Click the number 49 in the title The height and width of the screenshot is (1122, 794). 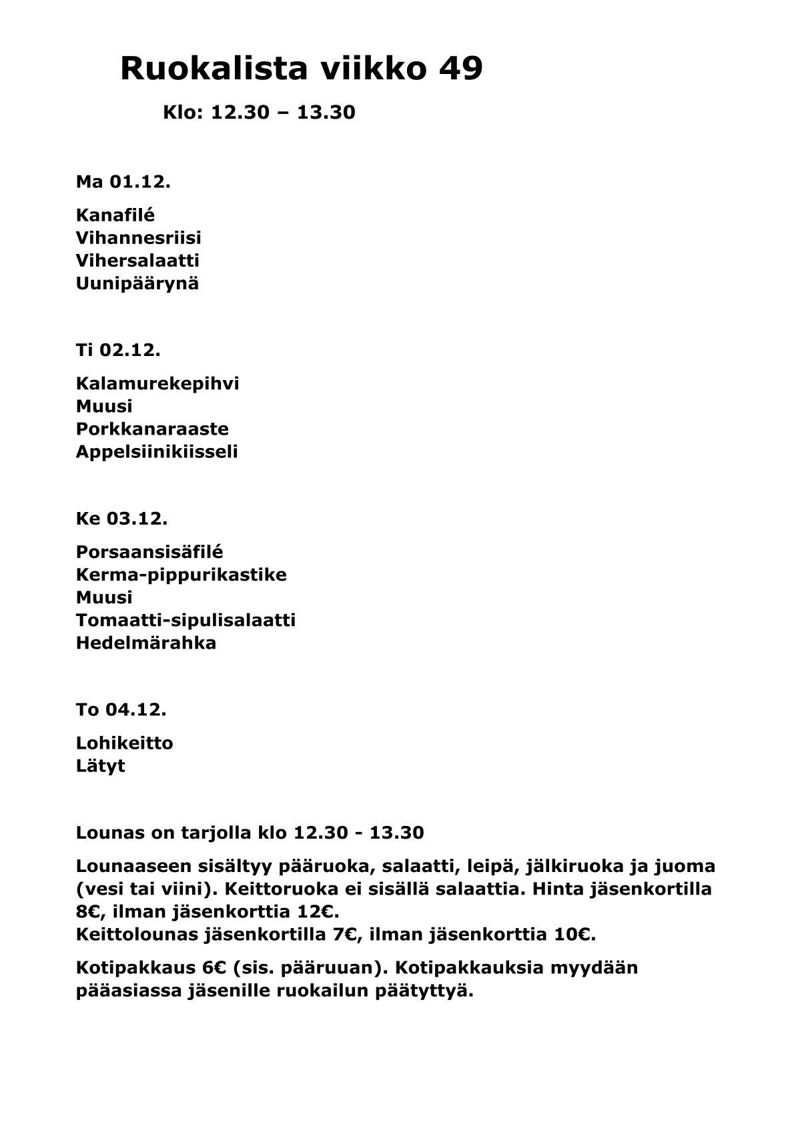[x=460, y=69]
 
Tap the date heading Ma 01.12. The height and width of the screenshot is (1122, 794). [x=123, y=182]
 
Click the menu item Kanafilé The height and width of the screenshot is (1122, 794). [x=115, y=215]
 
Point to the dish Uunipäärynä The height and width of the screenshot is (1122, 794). [x=137, y=283]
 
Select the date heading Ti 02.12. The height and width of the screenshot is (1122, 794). [x=118, y=350]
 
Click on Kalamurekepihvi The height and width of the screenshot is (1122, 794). [x=157, y=384]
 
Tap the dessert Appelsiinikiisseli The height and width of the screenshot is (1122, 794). [x=157, y=452]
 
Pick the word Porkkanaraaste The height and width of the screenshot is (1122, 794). [x=152, y=429]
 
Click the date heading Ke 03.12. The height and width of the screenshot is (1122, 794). [x=121, y=519]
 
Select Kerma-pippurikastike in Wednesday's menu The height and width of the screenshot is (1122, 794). [x=181, y=575]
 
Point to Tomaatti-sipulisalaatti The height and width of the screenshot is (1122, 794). [x=185, y=621]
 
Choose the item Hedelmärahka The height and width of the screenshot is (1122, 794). [x=146, y=643]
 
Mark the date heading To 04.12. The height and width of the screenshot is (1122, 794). [x=121, y=710]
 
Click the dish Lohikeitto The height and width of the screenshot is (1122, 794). [x=125, y=743]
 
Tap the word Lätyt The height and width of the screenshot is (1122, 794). [x=100, y=766]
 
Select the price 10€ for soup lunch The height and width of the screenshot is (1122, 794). [x=573, y=935]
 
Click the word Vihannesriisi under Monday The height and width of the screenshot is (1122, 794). [x=139, y=238]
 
